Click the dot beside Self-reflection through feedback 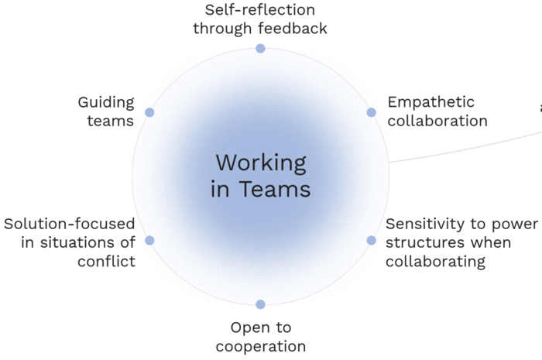click(x=260, y=48)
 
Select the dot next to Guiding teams click(x=149, y=112)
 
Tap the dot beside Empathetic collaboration click(x=371, y=112)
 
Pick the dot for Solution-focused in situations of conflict click(x=149, y=240)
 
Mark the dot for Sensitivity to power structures click(x=371, y=240)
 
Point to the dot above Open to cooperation click(x=260, y=304)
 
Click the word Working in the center click(x=260, y=163)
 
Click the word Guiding click(x=106, y=102)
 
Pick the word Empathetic click(x=431, y=102)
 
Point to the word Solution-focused click(x=69, y=224)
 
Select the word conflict click(x=106, y=261)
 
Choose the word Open click(x=250, y=327)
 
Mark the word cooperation click(x=261, y=346)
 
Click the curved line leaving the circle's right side click(x=465, y=145)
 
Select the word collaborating click(x=435, y=261)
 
